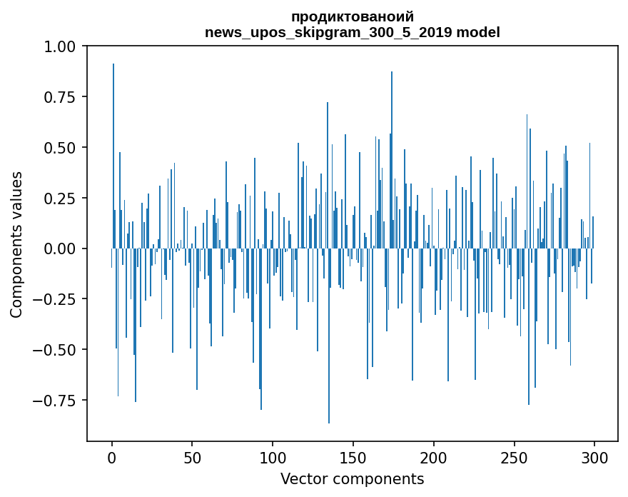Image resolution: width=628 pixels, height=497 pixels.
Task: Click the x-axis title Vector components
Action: [x=352, y=479]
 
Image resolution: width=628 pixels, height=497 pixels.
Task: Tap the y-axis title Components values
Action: [x=16, y=244]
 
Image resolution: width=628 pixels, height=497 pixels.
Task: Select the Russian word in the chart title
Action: [x=353, y=17]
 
